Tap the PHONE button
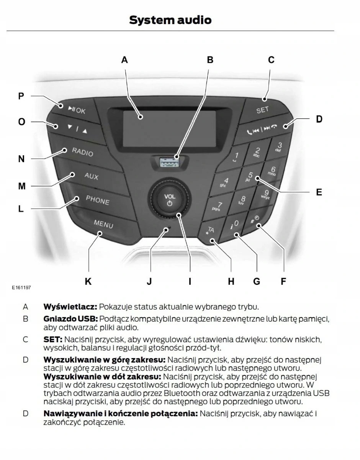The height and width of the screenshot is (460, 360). [97, 200]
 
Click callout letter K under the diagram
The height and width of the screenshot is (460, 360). [88, 282]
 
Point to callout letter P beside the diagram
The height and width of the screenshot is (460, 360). [21, 96]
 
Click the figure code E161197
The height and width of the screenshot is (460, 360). [21, 287]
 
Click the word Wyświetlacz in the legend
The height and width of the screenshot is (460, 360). [70, 307]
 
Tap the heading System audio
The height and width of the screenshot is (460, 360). [170, 20]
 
